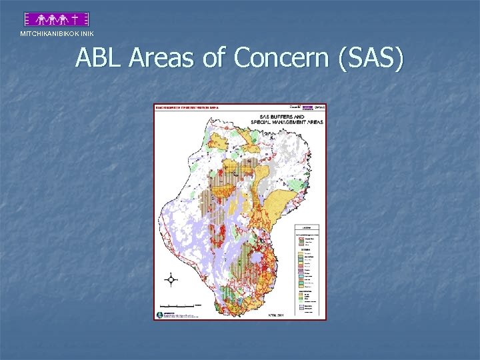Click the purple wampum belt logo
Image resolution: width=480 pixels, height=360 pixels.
point(57,19)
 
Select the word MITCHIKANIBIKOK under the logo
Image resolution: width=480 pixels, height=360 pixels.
point(47,33)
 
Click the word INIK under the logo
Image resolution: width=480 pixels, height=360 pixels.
point(85,33)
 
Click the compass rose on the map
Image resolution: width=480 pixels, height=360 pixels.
point(171,280)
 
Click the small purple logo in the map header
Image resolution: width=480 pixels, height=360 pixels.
point(307,107)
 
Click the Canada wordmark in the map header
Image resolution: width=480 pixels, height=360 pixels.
point(294,107)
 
